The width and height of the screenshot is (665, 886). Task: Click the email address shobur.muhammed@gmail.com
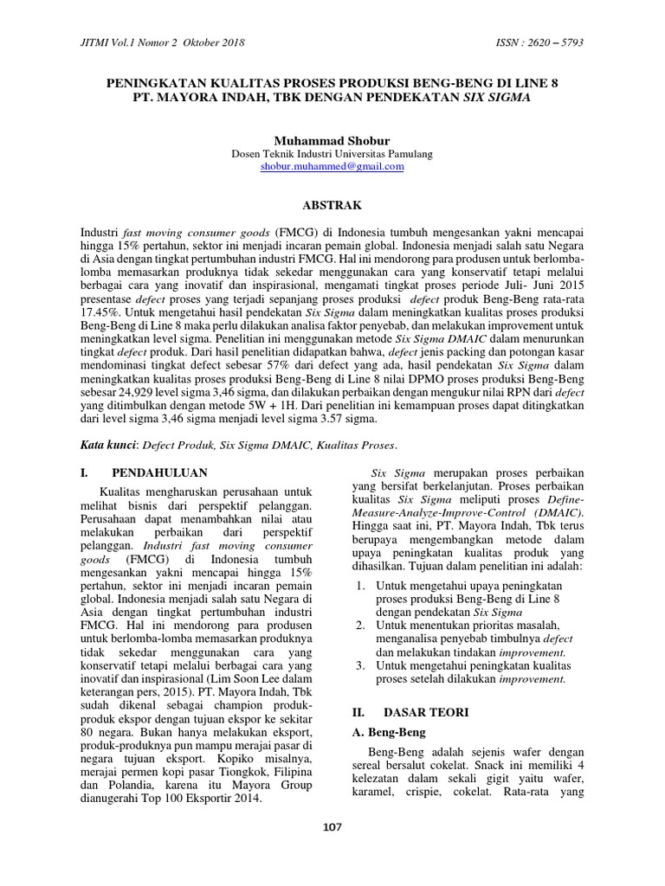click(332, 167)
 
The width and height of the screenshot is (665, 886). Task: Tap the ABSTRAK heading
click(332, 205)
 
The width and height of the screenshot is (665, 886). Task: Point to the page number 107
click(332, 827)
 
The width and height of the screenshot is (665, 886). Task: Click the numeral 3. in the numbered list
click(360, 665)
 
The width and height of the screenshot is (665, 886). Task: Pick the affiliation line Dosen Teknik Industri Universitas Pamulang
click(332, 153)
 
